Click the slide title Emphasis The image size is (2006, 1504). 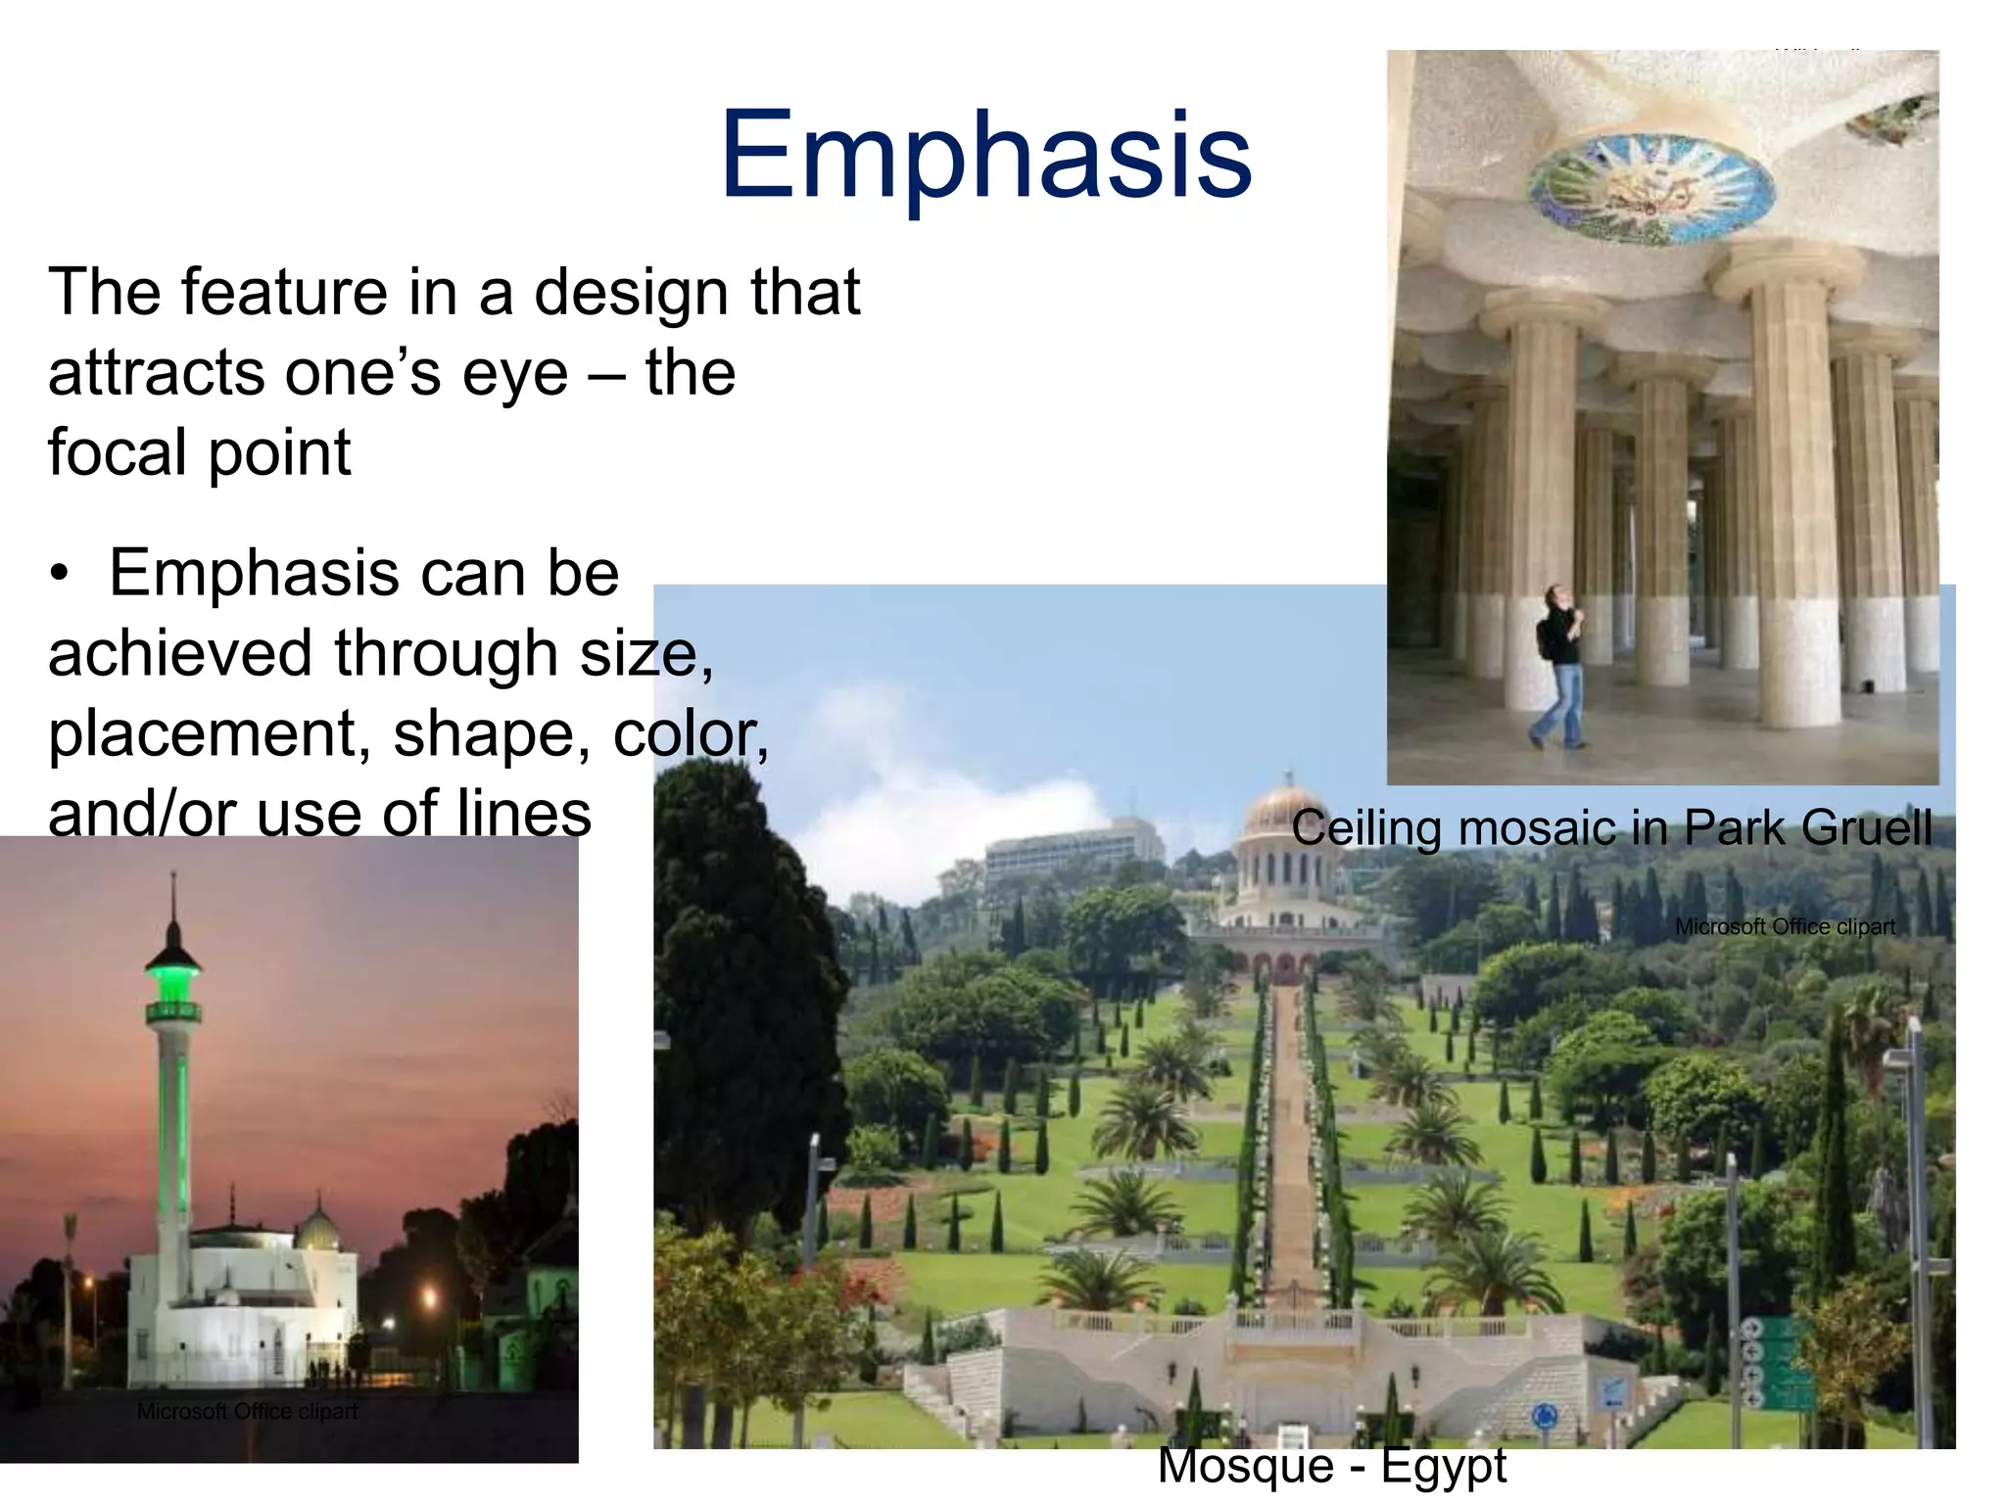(985, 155)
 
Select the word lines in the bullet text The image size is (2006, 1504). (524, 813)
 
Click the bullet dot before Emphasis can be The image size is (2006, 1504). (60, 575)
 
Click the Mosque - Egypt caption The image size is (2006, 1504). (1331, 1466)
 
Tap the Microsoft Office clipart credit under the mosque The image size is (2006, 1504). (247, 1411)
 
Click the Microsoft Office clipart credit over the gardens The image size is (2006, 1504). (1785, 926)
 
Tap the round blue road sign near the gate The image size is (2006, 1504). (1544, 1415)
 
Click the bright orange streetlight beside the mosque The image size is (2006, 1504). (429, 1300)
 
